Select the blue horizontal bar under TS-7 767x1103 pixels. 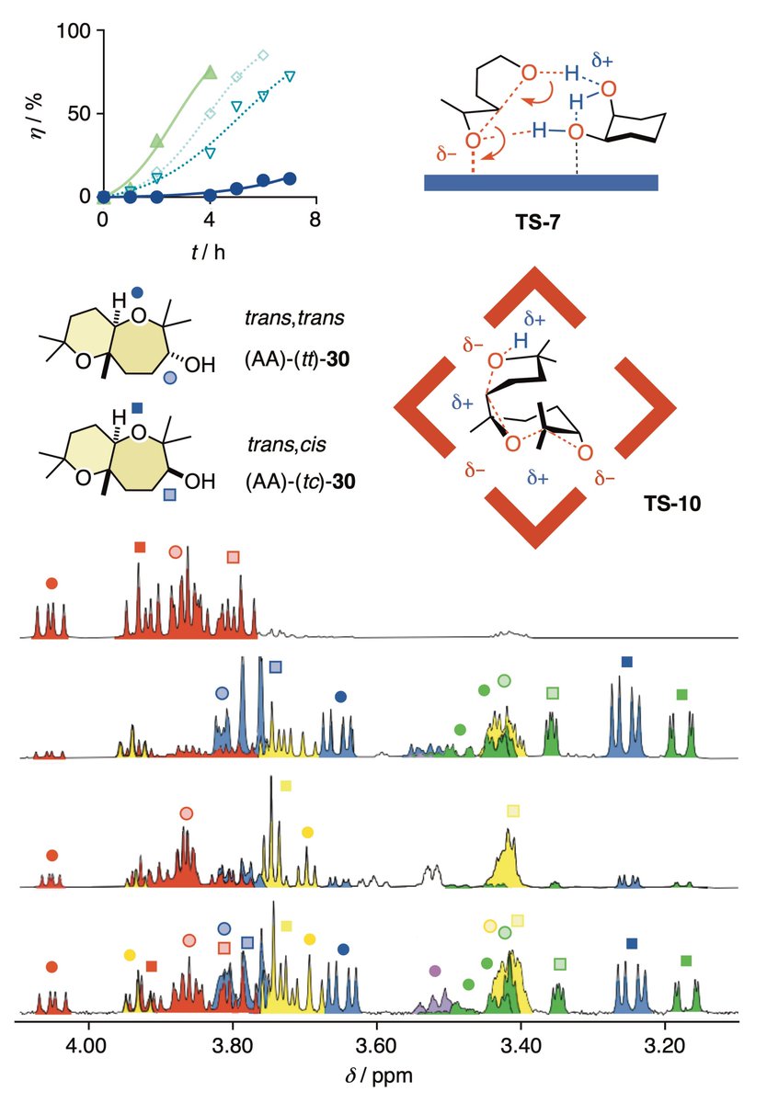pyautogui.click(x=541, y=182)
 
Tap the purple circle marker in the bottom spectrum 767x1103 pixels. pyautogui.click(x=435, y=971)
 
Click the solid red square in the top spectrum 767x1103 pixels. pyautogui.click(x=140, y=547)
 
